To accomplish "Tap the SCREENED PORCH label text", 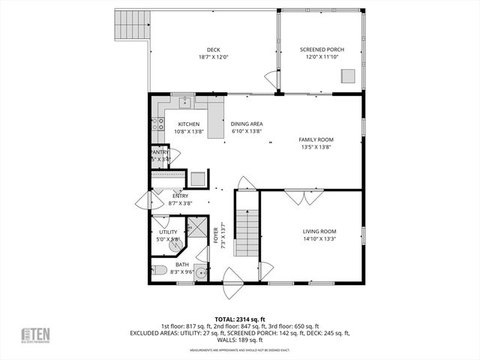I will (319, 50).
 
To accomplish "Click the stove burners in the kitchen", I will (158, 124).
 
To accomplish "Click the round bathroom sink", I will (200, 274).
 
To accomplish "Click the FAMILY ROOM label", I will (316, 139).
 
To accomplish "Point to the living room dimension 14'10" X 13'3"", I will (319, 239).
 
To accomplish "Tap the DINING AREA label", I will (246, 124).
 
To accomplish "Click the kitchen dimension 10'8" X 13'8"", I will (188, 132).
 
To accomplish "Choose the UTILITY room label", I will (168, 232).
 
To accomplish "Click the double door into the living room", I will (304, 197).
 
